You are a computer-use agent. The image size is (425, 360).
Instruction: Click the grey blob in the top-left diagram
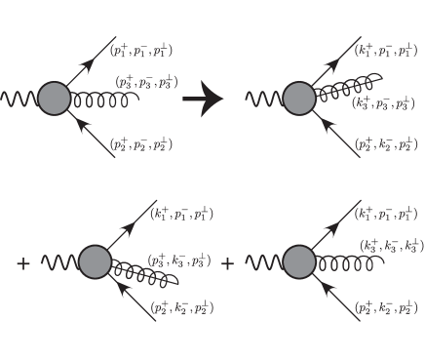coord(55,99)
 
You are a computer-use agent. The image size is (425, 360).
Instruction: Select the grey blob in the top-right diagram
coord(298,99)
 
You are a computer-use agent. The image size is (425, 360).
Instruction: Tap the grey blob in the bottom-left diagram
coord(96,262)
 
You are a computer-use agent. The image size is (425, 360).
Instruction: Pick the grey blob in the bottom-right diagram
coord(299,262)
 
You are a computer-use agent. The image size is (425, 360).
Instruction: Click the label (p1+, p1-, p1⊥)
coord(142,49)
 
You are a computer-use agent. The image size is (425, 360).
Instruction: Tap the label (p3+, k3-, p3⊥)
coord(179,261)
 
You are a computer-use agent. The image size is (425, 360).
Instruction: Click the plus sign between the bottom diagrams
coord(228,263)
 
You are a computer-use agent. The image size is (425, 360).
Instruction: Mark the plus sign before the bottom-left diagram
coord(23,263)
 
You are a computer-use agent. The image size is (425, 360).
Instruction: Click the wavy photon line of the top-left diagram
coord(19,100)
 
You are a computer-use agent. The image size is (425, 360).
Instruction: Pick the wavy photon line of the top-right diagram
coord(263,100)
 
